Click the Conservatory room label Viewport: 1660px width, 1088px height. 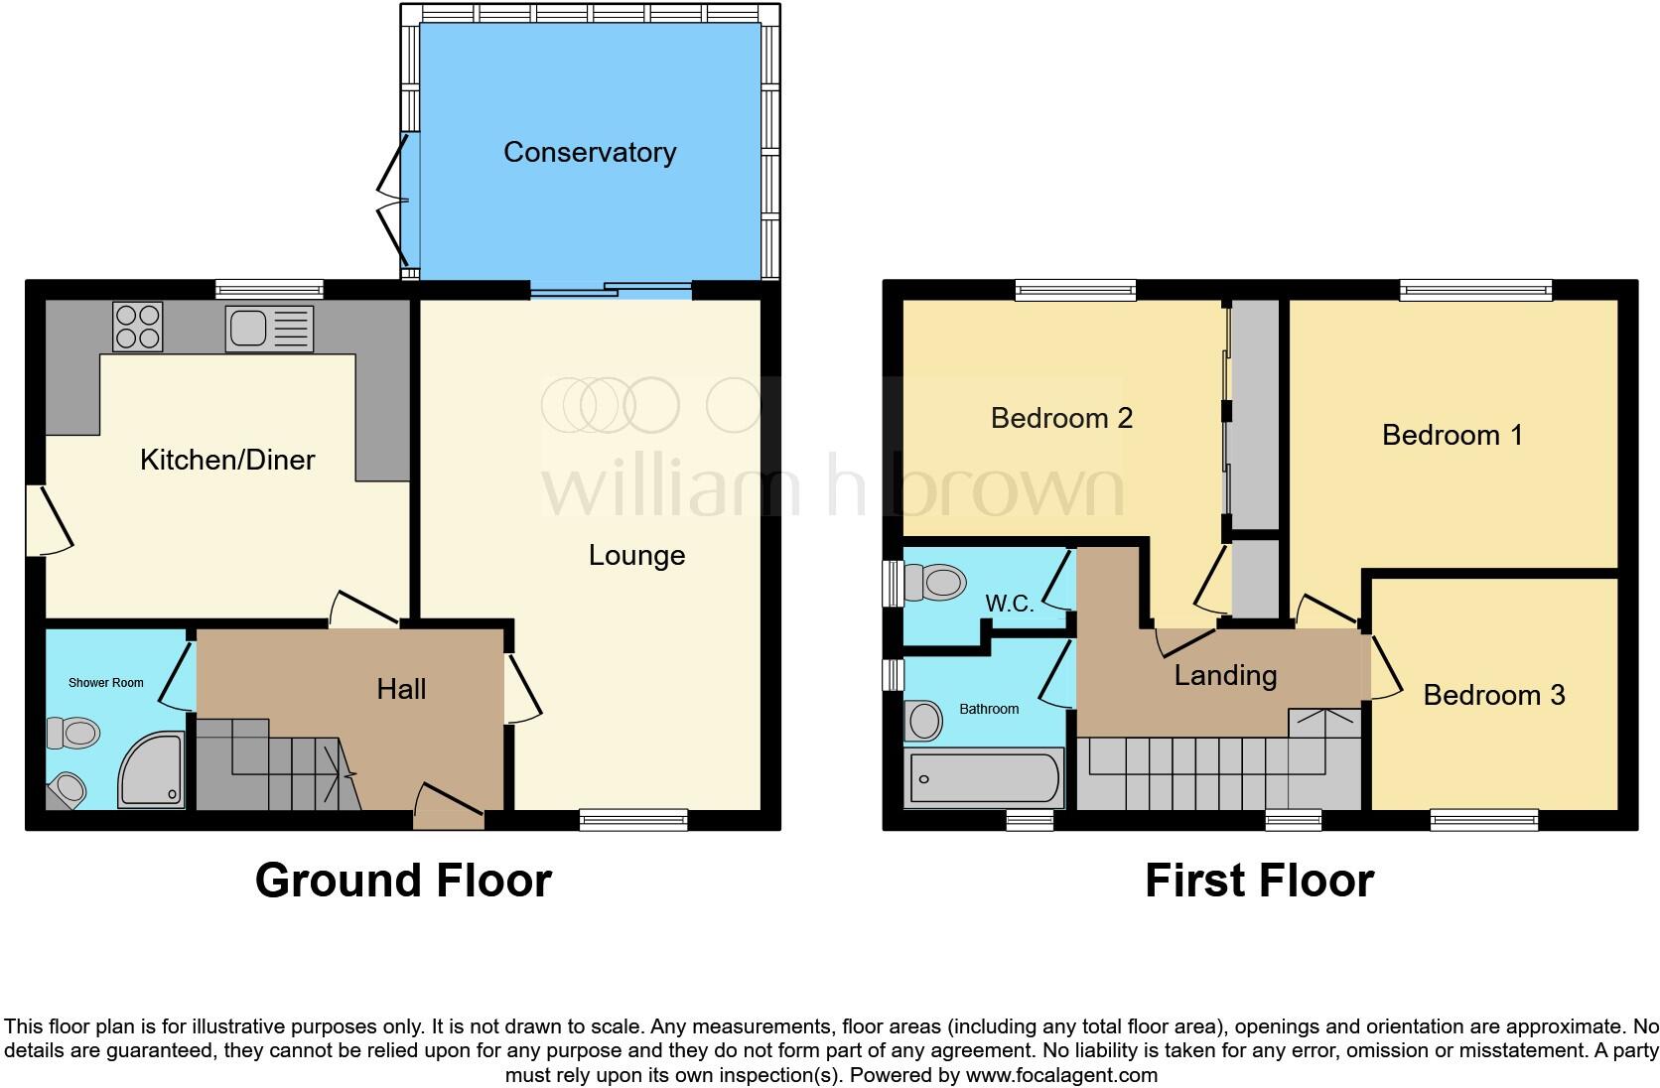coord(589,152)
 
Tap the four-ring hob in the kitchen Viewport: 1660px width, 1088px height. coord(138,326)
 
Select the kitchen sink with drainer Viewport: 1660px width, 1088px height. coord(269,329)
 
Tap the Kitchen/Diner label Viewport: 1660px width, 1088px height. coord(227,460)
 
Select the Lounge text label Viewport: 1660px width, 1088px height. coord(636,555)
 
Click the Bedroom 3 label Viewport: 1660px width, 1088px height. coord(1493,695)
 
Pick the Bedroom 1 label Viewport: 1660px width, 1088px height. coord(1452,435)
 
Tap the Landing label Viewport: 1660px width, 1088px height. coord(1225,676)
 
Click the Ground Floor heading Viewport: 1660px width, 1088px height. coord(403,881)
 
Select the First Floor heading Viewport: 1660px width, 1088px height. coord(1259,881)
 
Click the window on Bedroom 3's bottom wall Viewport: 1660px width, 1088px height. coord(1483,820)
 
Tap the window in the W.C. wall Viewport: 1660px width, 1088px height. coord(892,583)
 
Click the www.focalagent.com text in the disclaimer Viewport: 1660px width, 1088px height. coord(1061,1075)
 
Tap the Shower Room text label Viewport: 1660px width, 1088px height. coord(105,683)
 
